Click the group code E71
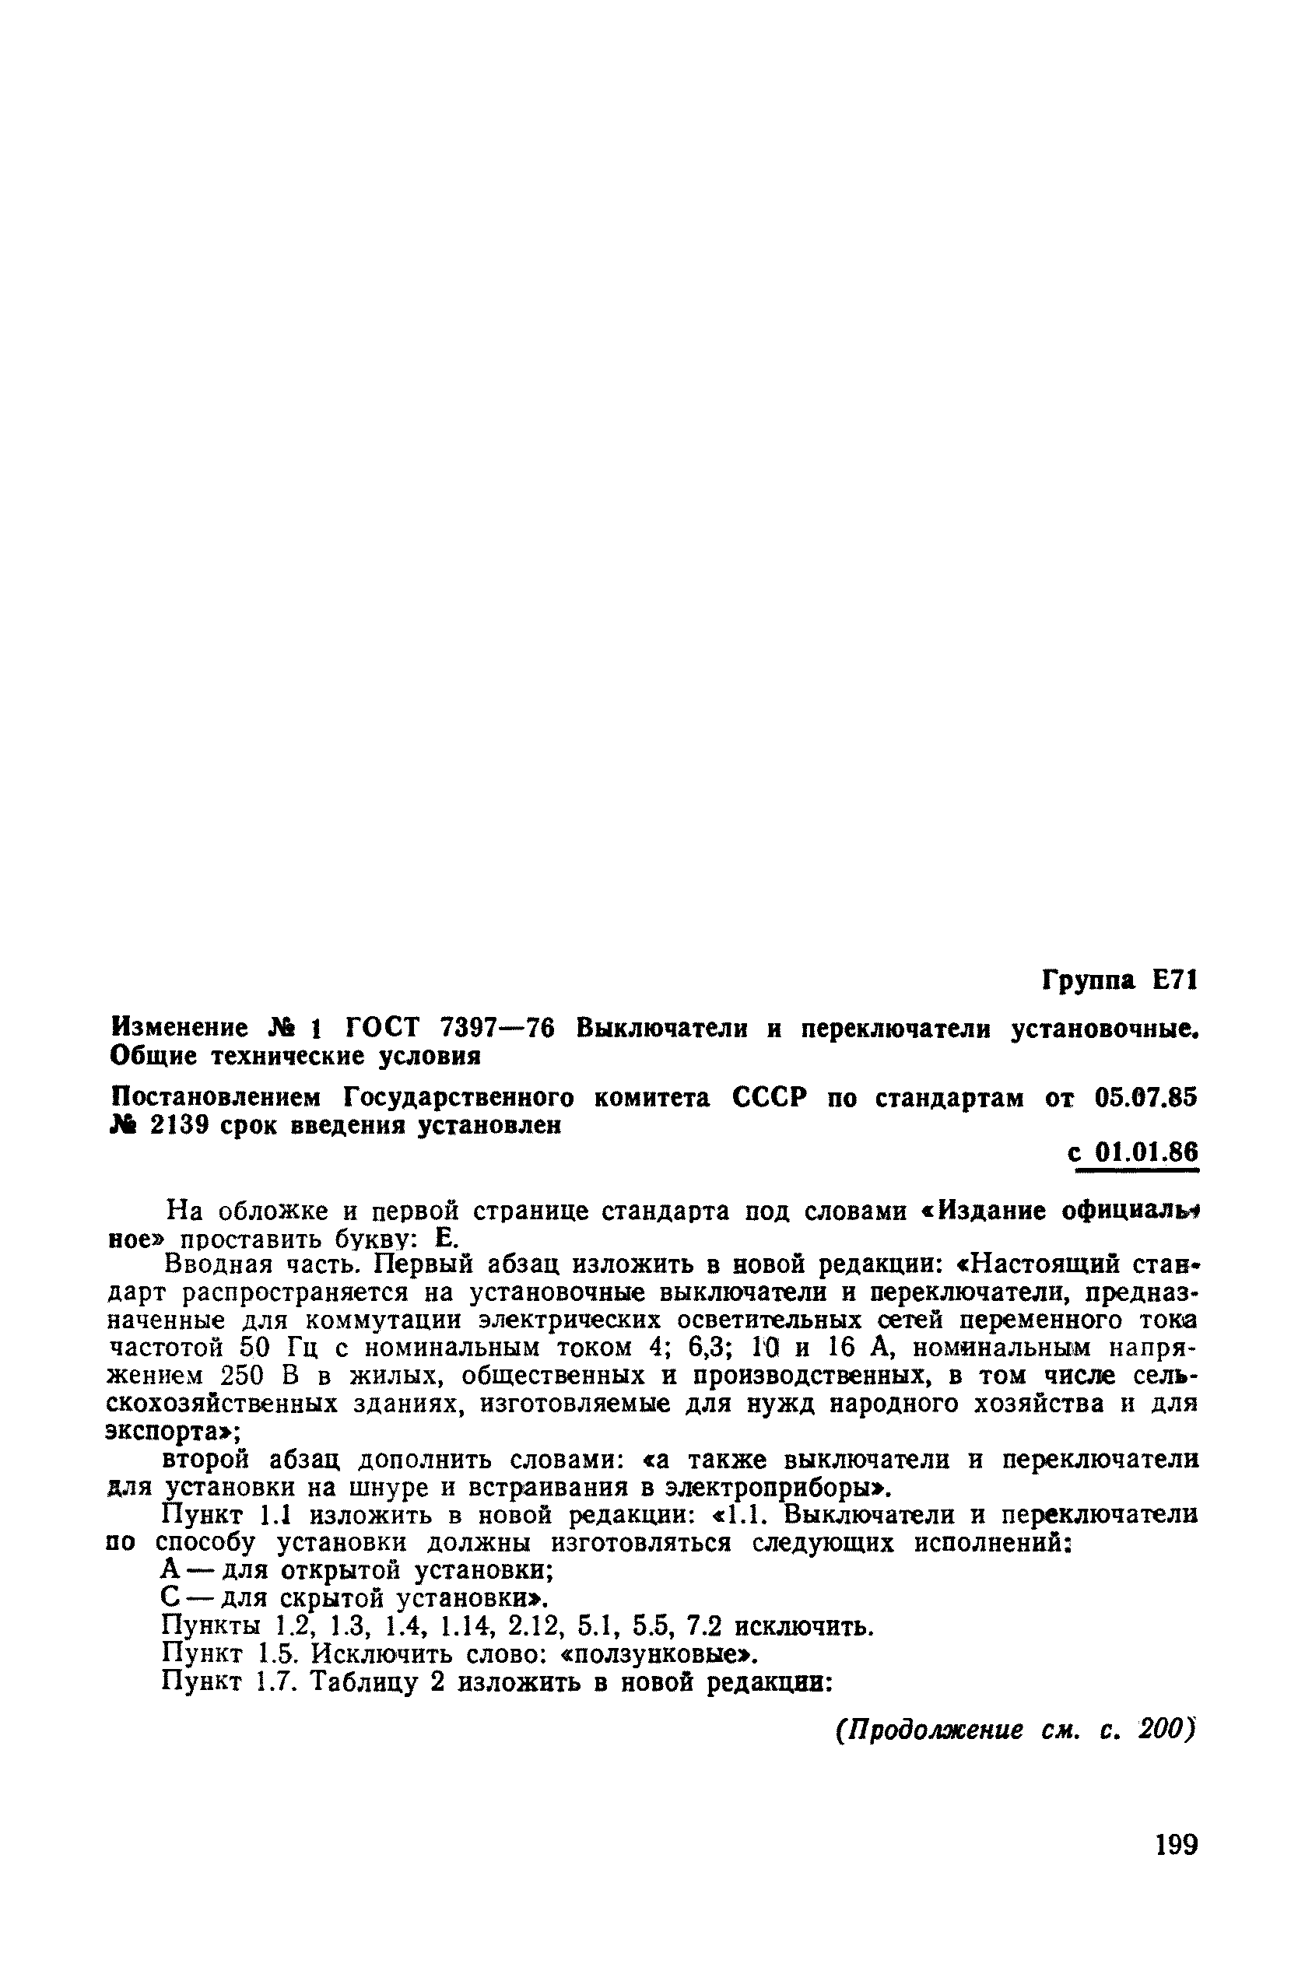tap(1174, 981)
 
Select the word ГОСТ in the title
tap(382, 1029)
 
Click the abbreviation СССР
tap(770, 1099)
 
